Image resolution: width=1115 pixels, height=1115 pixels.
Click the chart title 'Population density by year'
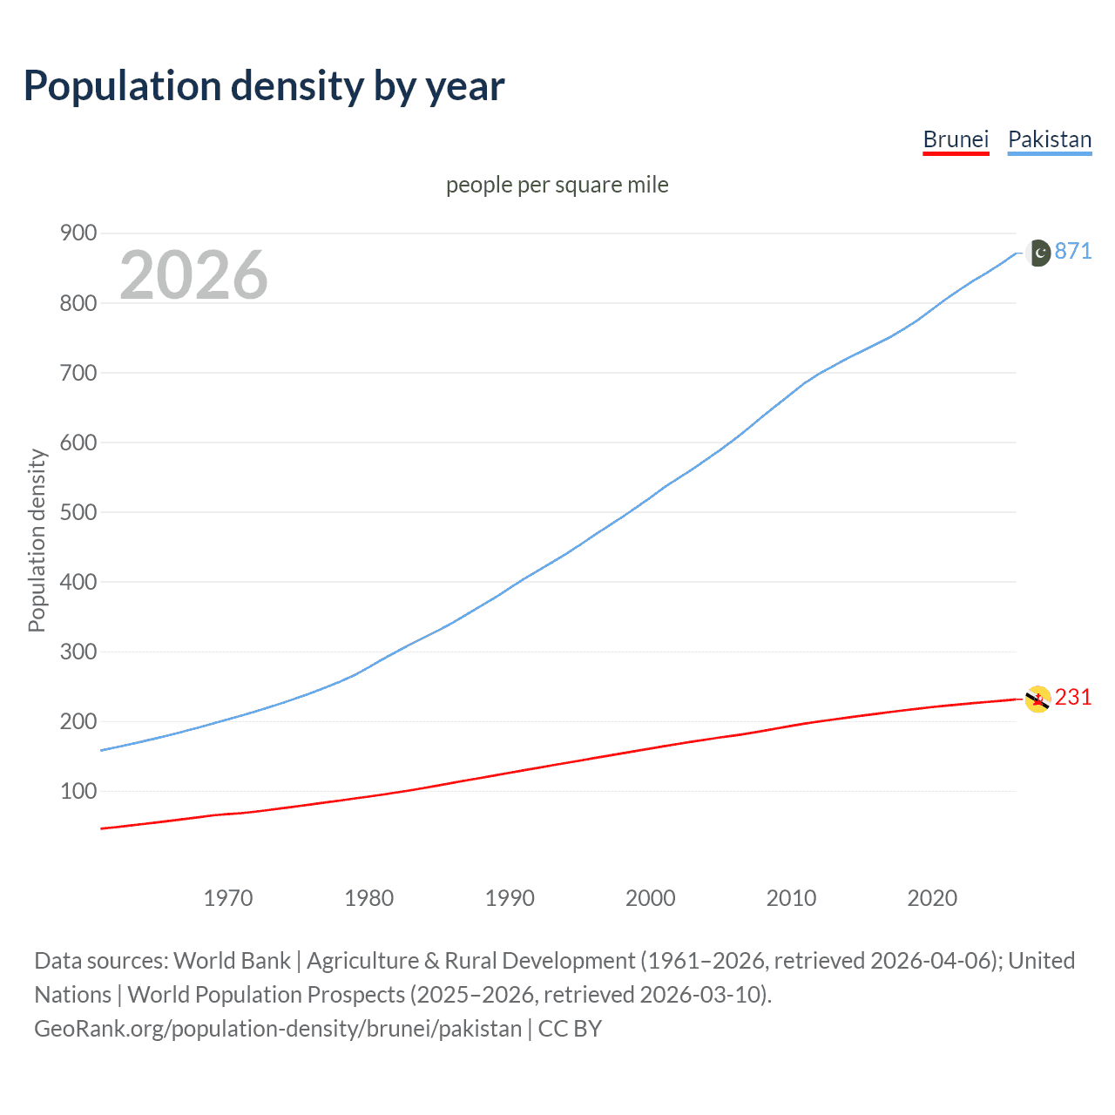click(x=264, y=85)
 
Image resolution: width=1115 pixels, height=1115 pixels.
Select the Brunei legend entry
click(x=956, y=139)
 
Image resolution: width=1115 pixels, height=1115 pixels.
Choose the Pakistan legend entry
click(x=1049, y=139)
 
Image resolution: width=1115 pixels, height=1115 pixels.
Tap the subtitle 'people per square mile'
click(x=557, y=185)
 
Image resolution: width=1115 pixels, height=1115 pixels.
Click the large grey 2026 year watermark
click(x=193, y=275)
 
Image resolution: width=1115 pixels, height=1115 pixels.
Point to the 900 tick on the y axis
click(x=78, y=233)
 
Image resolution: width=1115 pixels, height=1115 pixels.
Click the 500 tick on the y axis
click(x=78, y=512)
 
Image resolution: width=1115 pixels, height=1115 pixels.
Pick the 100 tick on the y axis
click(x=78, y=791)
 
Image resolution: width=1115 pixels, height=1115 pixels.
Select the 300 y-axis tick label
click(x=78, y=652)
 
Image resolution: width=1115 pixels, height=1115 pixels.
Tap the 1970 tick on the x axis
click(x=228, y=898)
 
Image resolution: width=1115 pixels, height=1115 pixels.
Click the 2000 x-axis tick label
click(x=650, y=898)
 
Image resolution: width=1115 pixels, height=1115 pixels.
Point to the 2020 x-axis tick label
click(x=932, y=898)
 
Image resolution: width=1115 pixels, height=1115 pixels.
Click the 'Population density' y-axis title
click(x=37, y=540)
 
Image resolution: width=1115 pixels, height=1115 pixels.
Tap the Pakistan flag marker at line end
click(x=1038, y=253)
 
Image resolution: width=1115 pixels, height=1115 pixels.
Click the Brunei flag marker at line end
click(x=1037, y=699)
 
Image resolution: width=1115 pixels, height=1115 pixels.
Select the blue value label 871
click(x=1073, y=251)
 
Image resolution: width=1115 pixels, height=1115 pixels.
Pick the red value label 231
click(x=1073, y=697)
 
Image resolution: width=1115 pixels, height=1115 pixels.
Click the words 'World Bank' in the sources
click(x=232, y=960)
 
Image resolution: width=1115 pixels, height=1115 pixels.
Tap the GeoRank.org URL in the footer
click(x=278, y=1028)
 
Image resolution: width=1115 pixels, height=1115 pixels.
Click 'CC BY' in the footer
click(x=570, y=1028)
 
